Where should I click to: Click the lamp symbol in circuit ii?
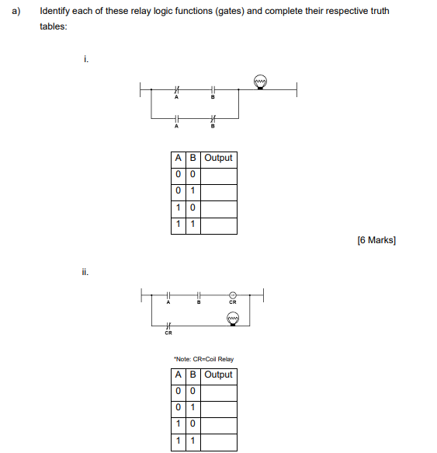(x=232, y=319)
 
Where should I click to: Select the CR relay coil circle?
(x=232, y=295)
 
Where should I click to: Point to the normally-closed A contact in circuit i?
(x=176, y=91)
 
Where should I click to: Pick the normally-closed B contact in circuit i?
(x=213, y=118)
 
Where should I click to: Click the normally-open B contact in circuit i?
(x=213, y=91)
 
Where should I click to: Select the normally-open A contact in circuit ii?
(x=168, y=295)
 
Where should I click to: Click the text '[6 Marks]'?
(x=376, y=240)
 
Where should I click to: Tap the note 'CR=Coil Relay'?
(x=204, y=359)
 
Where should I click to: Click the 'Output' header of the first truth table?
(x=219, y=158)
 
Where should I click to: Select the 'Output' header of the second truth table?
(x=219, y=375)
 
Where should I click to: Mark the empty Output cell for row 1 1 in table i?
(x=219, y=226)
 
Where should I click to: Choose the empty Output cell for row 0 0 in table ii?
(x=219, y=392)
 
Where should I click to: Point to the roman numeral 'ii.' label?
(x=85, y=272)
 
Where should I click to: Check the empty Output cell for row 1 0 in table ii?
(x=219, y=426)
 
